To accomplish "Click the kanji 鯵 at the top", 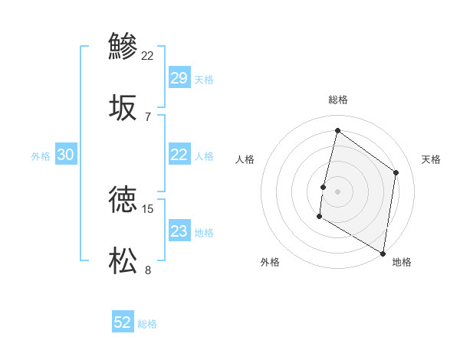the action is coord(123,46).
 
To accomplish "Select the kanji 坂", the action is coord(123,107).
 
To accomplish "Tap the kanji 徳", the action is coord(123,200).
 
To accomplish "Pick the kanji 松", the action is coord(123,260).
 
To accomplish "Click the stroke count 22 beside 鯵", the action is coord(148,55).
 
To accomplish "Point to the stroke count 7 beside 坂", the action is coord(147,116).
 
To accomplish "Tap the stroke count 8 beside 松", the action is coord(147,270).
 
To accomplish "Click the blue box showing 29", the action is coord(179,78).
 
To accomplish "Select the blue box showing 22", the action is coord(179,155).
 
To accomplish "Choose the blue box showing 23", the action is coord(179,231).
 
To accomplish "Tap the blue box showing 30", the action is coord(65,155).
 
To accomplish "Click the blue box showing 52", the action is coord(123,322).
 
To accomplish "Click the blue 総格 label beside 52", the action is coord(147,324).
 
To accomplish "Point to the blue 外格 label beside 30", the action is coord(41,156).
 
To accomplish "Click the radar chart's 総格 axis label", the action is coord(337,100).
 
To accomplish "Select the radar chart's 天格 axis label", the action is coord(431,159).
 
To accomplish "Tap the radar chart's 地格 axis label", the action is coord(402,262).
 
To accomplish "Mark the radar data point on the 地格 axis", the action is coord(383,253).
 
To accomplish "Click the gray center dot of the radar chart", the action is coord(337,191).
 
